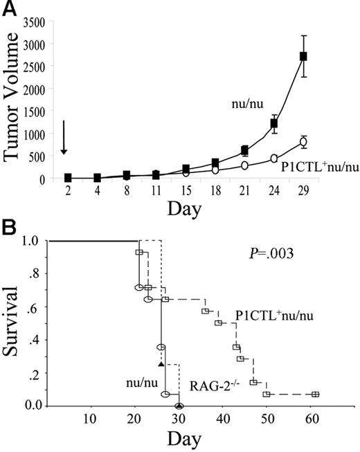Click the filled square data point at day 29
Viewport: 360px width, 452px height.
click(303, 56)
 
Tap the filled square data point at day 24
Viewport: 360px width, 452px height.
click(274, 124)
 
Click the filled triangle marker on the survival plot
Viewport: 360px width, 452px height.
click(161, 363)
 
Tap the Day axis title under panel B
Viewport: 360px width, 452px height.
click(183, 438)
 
